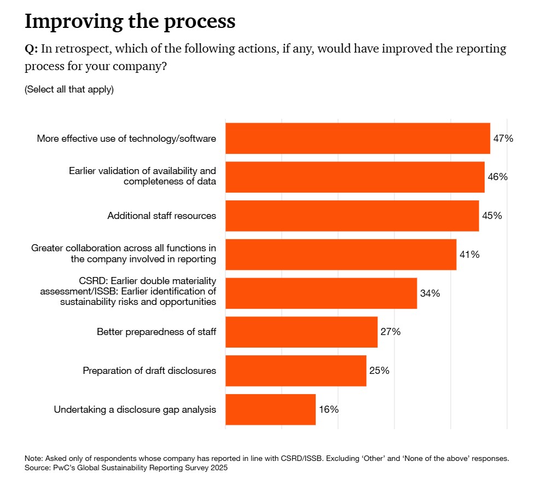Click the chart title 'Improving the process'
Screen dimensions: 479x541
[x=130, y=21]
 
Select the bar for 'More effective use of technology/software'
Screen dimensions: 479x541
[x=357, y=138]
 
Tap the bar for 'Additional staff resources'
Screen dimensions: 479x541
[x=352, y=216]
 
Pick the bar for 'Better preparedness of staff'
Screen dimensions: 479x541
[x=301, y=332]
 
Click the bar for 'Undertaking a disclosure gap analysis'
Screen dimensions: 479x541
[x=270, y=409]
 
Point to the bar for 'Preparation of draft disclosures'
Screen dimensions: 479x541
[x=295, y=371]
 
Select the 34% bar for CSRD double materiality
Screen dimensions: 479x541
[x=321, y=293]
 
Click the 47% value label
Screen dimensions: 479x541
[x=503, y=138]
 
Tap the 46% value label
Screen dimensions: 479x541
[x=498, y=177]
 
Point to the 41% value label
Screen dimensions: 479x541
[x=469, y=255]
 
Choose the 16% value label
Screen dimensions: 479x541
[x=329, y=409]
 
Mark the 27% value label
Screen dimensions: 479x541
[x=391, y=332]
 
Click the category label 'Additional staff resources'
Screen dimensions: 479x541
[x=161, y=216]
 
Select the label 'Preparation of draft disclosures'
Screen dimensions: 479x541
[x=149, y=371]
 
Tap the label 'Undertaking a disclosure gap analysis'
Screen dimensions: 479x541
[x=135, y=409]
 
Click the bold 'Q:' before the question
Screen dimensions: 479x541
[x=31, y=49]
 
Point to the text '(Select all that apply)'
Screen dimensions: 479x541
[x=69, y=89]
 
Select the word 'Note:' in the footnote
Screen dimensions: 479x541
[x=34, y=458]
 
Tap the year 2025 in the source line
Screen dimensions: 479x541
[x=217, y=468]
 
